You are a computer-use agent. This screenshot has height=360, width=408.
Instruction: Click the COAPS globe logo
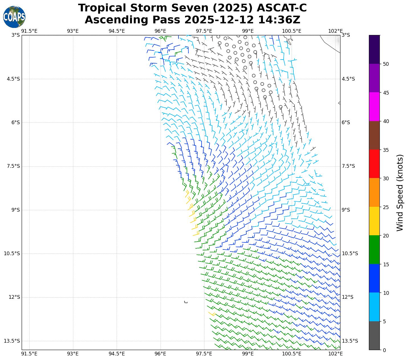point(14,17)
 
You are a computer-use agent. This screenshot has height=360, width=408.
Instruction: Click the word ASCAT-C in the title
point(282,8)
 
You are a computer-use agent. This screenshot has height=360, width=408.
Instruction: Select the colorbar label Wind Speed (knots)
point(400,193)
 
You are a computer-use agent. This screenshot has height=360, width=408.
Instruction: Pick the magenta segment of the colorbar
point(374,107)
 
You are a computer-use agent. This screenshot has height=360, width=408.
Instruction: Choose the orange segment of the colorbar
point(374,192)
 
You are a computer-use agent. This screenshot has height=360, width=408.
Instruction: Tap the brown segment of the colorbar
point(374,135)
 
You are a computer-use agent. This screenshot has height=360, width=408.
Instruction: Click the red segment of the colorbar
point(374,164)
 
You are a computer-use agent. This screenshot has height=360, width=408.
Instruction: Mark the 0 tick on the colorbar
point(384,350)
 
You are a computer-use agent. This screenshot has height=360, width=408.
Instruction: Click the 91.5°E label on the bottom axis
point(29,354)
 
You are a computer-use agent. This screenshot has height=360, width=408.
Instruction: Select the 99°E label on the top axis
point(248,31)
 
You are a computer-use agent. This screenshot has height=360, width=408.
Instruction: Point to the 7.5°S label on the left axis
point(13,166)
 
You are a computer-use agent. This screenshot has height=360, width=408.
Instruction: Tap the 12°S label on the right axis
point(348,297)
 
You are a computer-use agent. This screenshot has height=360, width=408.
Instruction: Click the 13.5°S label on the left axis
point(12,341)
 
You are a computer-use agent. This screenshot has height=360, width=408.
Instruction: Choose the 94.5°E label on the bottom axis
point(117,354)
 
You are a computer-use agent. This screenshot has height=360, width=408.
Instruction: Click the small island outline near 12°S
point(186,302)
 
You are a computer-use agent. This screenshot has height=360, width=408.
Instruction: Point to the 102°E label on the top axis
point(336,31)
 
